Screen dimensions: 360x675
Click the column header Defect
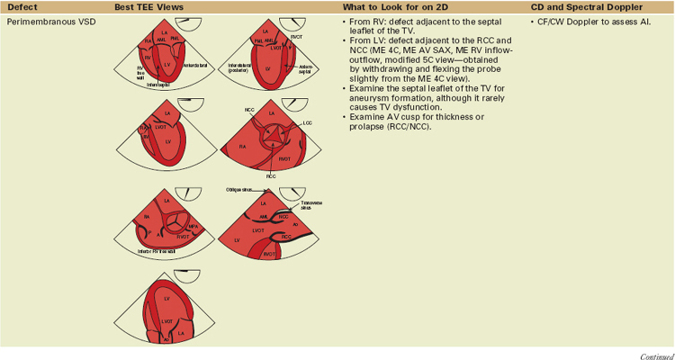click(22, 7)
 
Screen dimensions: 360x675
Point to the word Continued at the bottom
click(656, 355)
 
